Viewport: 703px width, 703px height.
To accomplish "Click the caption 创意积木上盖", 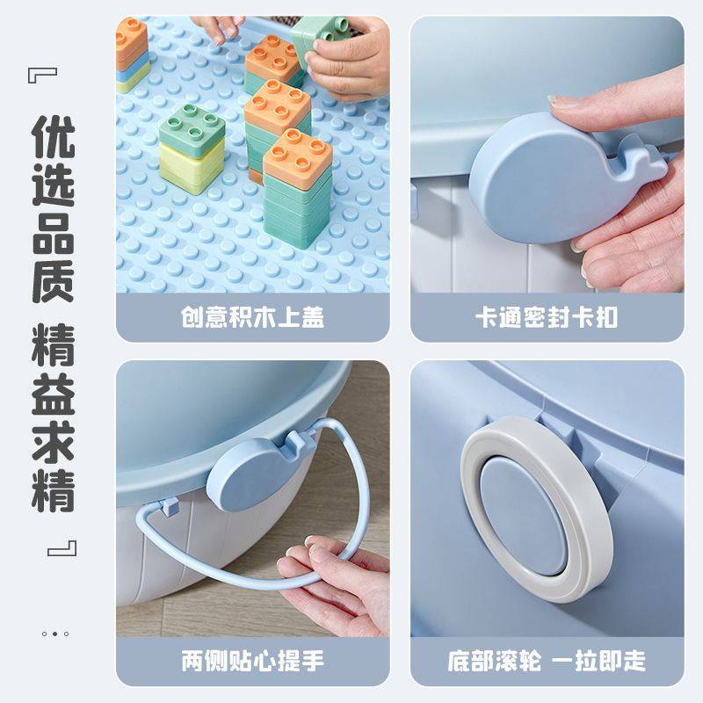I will click(x=253, y=316).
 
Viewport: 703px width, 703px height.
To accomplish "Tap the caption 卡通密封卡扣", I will click(x=547, y=316).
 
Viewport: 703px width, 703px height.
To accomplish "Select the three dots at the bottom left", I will click(x=54, y=633).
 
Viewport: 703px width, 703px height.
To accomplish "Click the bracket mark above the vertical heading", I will click(x=43, y=72).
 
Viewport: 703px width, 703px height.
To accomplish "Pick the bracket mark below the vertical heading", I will click(x=63, y=548).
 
